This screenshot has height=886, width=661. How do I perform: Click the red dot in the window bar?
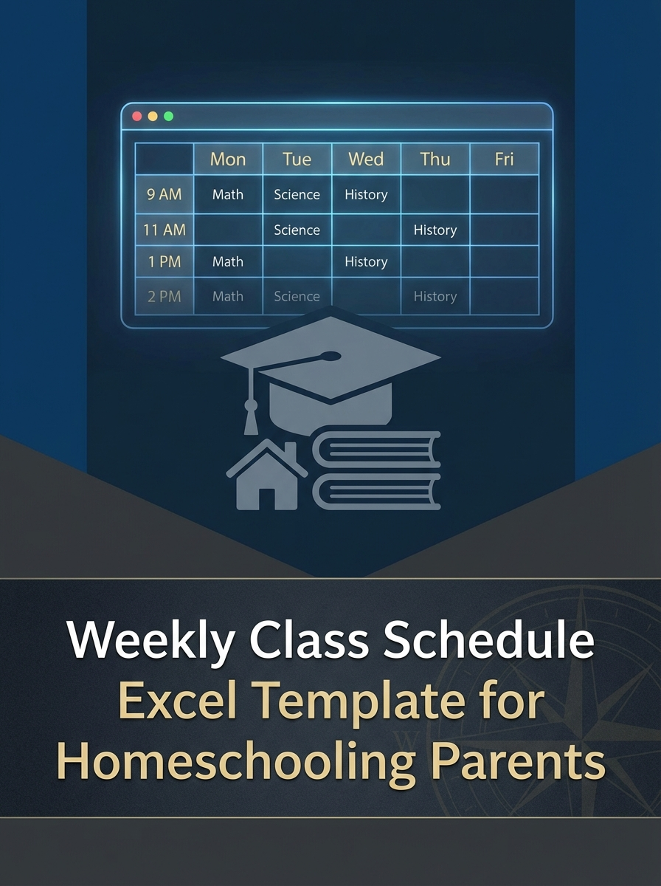click(136, 117)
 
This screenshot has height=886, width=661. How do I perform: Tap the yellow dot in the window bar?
click(153, 117)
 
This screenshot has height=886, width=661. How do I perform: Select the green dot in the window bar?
click(168, 117)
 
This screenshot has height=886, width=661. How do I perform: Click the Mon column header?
click(228, 159)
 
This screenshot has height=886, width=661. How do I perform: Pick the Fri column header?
click(504, 159)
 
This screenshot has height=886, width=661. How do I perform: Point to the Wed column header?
click(366, 159)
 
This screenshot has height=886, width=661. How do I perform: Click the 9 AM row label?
click(164, 195)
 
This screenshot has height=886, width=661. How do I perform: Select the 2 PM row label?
click(164, 297)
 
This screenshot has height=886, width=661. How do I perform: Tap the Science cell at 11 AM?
click(297, 230)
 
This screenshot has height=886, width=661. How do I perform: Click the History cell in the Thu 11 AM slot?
click(435, 230)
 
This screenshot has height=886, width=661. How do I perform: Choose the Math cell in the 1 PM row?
click(228, 262)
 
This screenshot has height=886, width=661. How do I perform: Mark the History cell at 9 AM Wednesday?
click(366, 195)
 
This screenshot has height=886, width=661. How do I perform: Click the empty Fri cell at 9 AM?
click(504, 195)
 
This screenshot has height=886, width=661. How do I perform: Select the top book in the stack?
click(376, 450)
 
